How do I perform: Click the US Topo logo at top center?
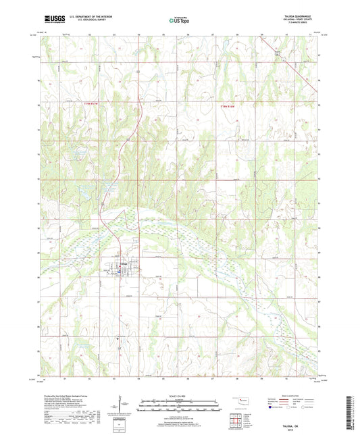pos(178,20)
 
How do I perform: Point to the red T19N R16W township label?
pos(230,105)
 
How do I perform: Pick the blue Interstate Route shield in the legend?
pos(270,408)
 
